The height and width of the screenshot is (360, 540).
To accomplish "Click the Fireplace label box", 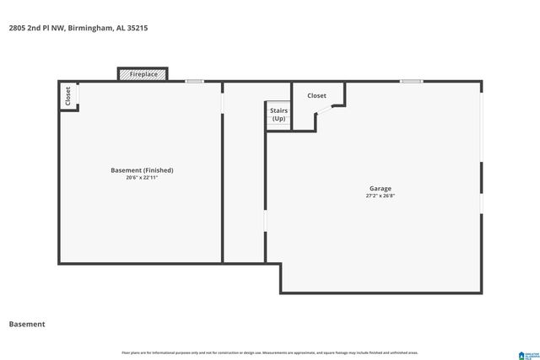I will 143,74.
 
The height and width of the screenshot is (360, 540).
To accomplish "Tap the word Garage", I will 380,188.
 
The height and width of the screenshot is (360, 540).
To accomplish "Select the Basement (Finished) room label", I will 142,170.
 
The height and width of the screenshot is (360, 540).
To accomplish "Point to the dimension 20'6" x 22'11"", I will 142,178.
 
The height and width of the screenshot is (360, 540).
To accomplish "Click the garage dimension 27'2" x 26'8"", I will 380,196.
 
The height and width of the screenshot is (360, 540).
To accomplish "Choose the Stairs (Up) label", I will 278,115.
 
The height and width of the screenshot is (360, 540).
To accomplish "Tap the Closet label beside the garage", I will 316,96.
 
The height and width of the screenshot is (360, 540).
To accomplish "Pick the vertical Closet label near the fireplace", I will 68,96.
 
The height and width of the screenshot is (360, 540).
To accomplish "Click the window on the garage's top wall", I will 411,81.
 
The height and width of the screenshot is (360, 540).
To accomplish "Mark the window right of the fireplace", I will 195,81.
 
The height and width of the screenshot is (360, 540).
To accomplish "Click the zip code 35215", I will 138,28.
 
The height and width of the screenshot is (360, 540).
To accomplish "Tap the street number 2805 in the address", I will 17,28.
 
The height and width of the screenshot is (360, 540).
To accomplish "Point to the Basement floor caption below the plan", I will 27,325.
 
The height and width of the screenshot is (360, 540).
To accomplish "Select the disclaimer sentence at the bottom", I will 270,352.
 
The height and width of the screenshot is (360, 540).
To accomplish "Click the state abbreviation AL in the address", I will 118,28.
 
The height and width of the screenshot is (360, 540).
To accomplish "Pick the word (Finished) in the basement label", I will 158,170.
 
